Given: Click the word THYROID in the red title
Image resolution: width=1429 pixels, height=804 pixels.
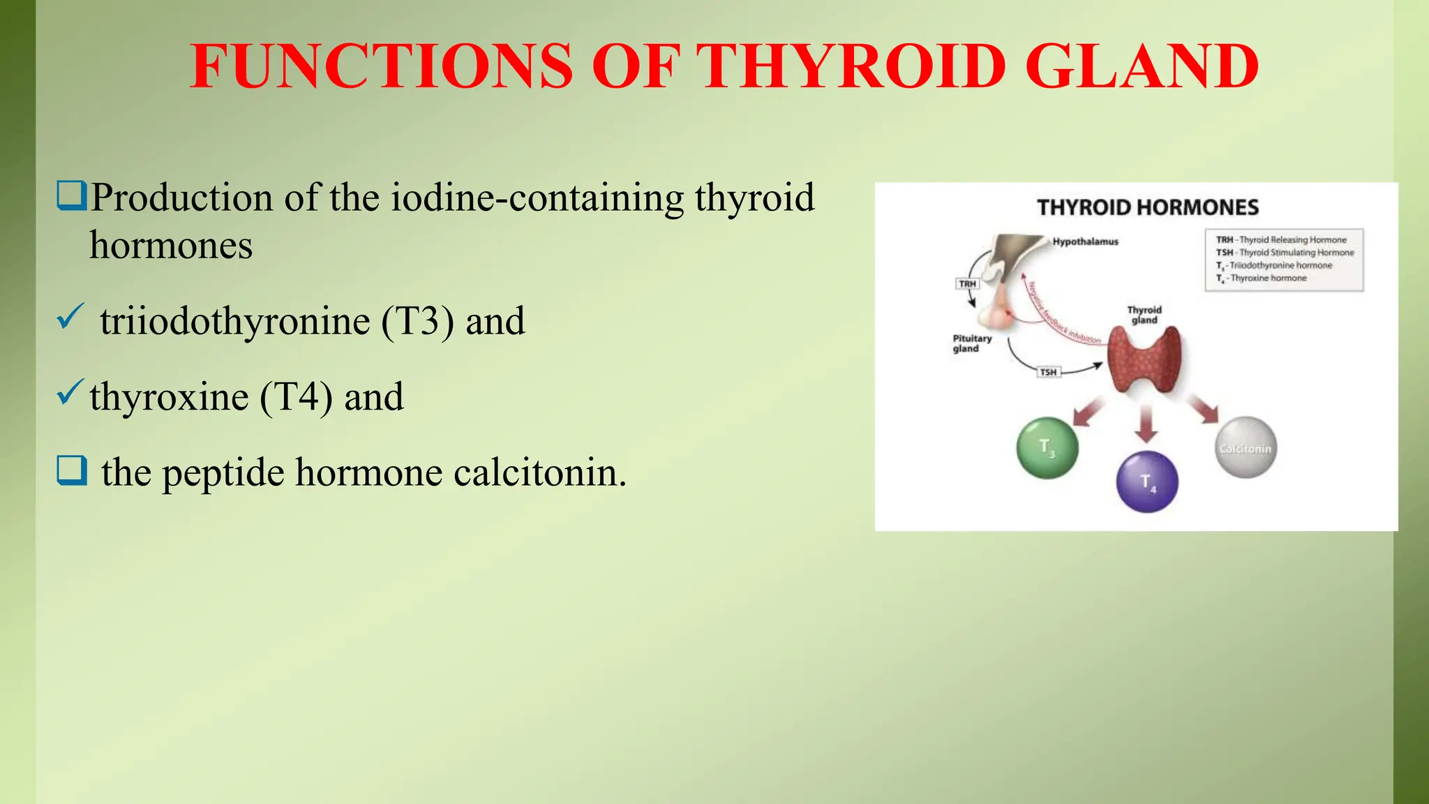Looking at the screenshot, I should click(851, 66).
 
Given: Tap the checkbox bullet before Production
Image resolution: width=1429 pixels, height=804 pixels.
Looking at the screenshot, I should click(71, 196).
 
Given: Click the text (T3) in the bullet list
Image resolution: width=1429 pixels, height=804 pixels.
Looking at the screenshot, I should click(417, 322).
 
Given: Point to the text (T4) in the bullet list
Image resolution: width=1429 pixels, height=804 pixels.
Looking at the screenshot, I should click(296, 397).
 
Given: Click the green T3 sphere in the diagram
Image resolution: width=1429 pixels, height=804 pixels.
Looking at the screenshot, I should click(1047, 448).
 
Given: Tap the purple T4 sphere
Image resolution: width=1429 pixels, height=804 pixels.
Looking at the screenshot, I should click(1147, 482).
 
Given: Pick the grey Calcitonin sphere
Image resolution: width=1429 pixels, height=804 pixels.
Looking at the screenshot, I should click(1245, 448).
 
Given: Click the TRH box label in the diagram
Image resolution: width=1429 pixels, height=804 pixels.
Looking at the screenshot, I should click(967, 284).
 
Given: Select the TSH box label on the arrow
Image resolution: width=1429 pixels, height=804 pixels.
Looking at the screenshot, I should click(1048, 372).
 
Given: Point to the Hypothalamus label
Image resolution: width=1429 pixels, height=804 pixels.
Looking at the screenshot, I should click(1085, 241).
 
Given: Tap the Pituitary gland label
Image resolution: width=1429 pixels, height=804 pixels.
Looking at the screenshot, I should click(971, 343).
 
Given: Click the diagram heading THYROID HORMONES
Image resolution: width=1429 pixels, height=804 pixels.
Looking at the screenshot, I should click(1148, 207).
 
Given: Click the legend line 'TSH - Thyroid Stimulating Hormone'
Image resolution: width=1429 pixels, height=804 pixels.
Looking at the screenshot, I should click(1285, 253).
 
